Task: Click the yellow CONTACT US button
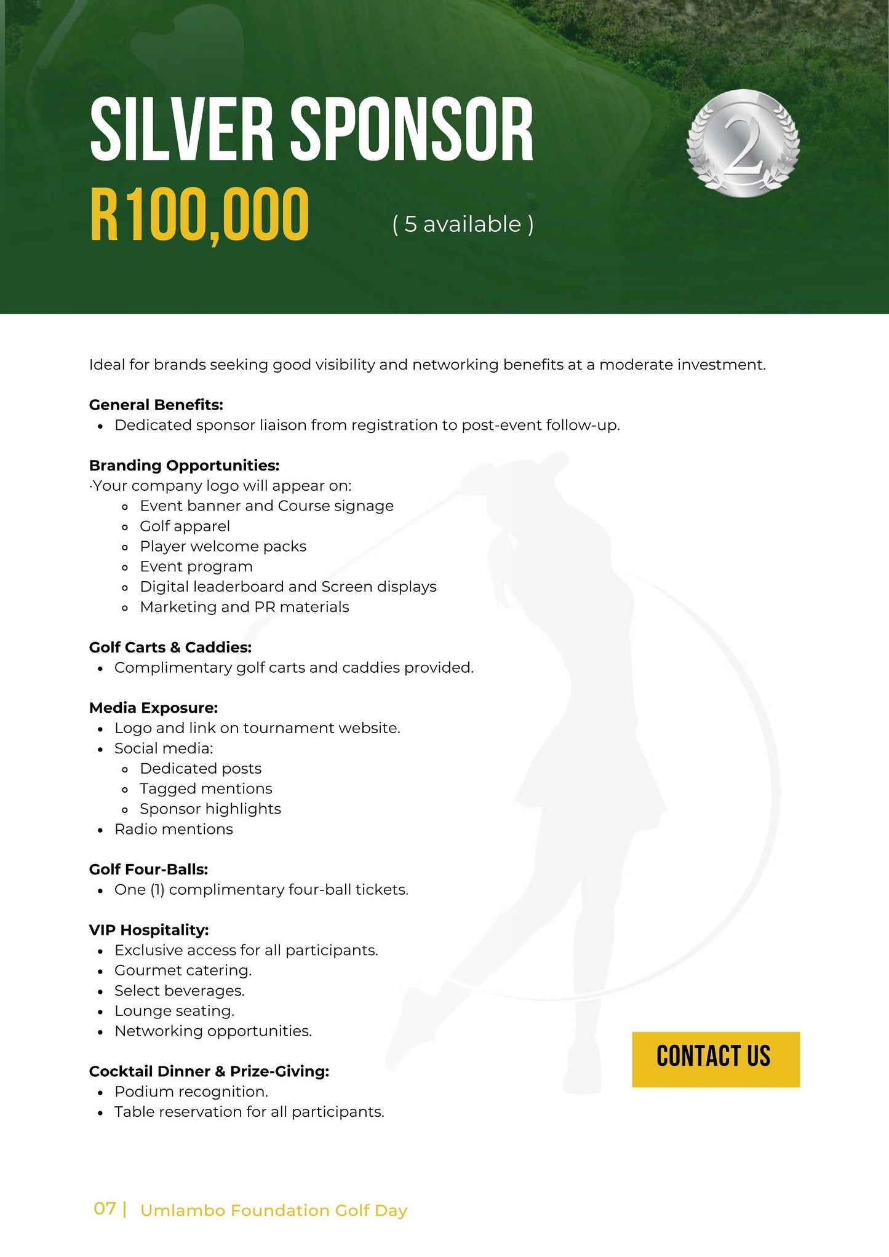[x=716, y=1059]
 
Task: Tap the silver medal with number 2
[x=743, y=143]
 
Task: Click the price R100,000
[x=199, y=215]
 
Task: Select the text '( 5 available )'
[x=463, y=224]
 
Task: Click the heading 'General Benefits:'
[x=156, y=405]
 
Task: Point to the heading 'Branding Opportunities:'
[x=184, y=466]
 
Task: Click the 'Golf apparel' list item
[x=185, y=526]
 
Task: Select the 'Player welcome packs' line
[x=223, y=547]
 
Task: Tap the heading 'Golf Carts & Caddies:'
[x=170, y=648]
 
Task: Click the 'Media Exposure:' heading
[x=153, y=708]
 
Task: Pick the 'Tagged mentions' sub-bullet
[x=205, y=789]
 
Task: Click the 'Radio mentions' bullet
[x=173, y=830]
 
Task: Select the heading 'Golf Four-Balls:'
[x=148, y=870]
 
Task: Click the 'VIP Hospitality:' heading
[x=149, y=930]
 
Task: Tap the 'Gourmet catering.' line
[x=183, y=970]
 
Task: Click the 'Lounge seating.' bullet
[x=174, y=1011]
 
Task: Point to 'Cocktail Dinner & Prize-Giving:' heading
[x=209, y=1071]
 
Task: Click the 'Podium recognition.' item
[x=191, y=1092]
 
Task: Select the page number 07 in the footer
[x=105, y=1209]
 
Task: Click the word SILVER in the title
[x=181, y=130]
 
